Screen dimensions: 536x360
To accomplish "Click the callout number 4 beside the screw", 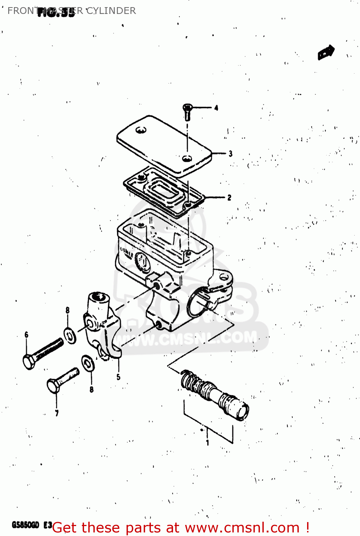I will coord(216,108).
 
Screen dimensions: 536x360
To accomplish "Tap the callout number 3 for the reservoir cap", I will coord(231,154).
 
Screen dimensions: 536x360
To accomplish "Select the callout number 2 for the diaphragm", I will coord(229,197).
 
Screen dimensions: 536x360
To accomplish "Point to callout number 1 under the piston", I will coord(207,443).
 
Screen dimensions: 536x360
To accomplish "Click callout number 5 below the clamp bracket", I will coord(118,377).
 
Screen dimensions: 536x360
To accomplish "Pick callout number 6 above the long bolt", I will coord(26,335).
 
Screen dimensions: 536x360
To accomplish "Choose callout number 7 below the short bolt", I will coord(57,413).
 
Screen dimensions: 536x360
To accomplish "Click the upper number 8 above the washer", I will coord(68,310).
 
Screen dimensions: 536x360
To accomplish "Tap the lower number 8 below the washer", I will coord(92,389).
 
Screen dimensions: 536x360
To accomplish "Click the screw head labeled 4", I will coord(187,107).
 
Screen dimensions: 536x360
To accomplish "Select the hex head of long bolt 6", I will coord(29,362).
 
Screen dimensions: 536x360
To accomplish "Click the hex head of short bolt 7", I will coord(53,386).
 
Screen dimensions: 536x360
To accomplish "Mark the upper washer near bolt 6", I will coord(70,335).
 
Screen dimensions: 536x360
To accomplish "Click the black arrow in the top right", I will coord(326,53).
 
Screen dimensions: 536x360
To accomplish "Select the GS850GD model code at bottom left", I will coord(25,525).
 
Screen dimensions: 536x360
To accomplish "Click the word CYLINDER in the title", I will coord(111,11).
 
